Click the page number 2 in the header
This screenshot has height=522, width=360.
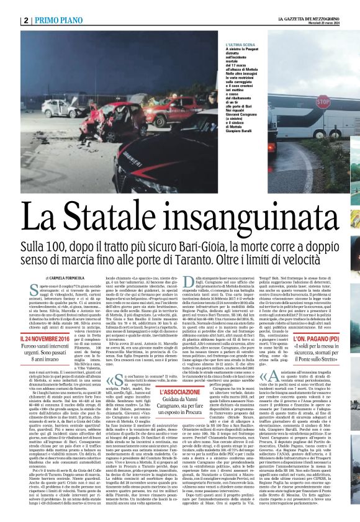(x=25, y=20)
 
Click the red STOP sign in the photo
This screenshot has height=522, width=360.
(x=323, y=102)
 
